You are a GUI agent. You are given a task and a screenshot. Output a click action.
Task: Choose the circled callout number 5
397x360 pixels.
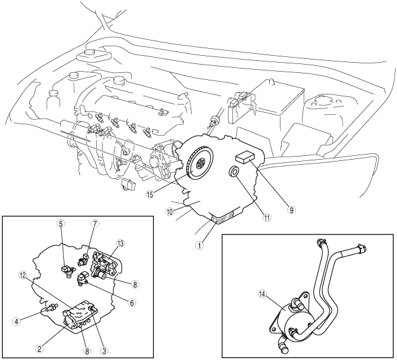click(x=61, y=224)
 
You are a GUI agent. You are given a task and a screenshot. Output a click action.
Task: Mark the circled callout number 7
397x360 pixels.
click(x=96, y=224)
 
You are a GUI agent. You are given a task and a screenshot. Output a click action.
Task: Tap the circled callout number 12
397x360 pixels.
click(x=23, y=274)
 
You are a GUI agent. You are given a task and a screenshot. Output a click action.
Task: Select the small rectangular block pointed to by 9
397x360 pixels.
click(x=245, y=158)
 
